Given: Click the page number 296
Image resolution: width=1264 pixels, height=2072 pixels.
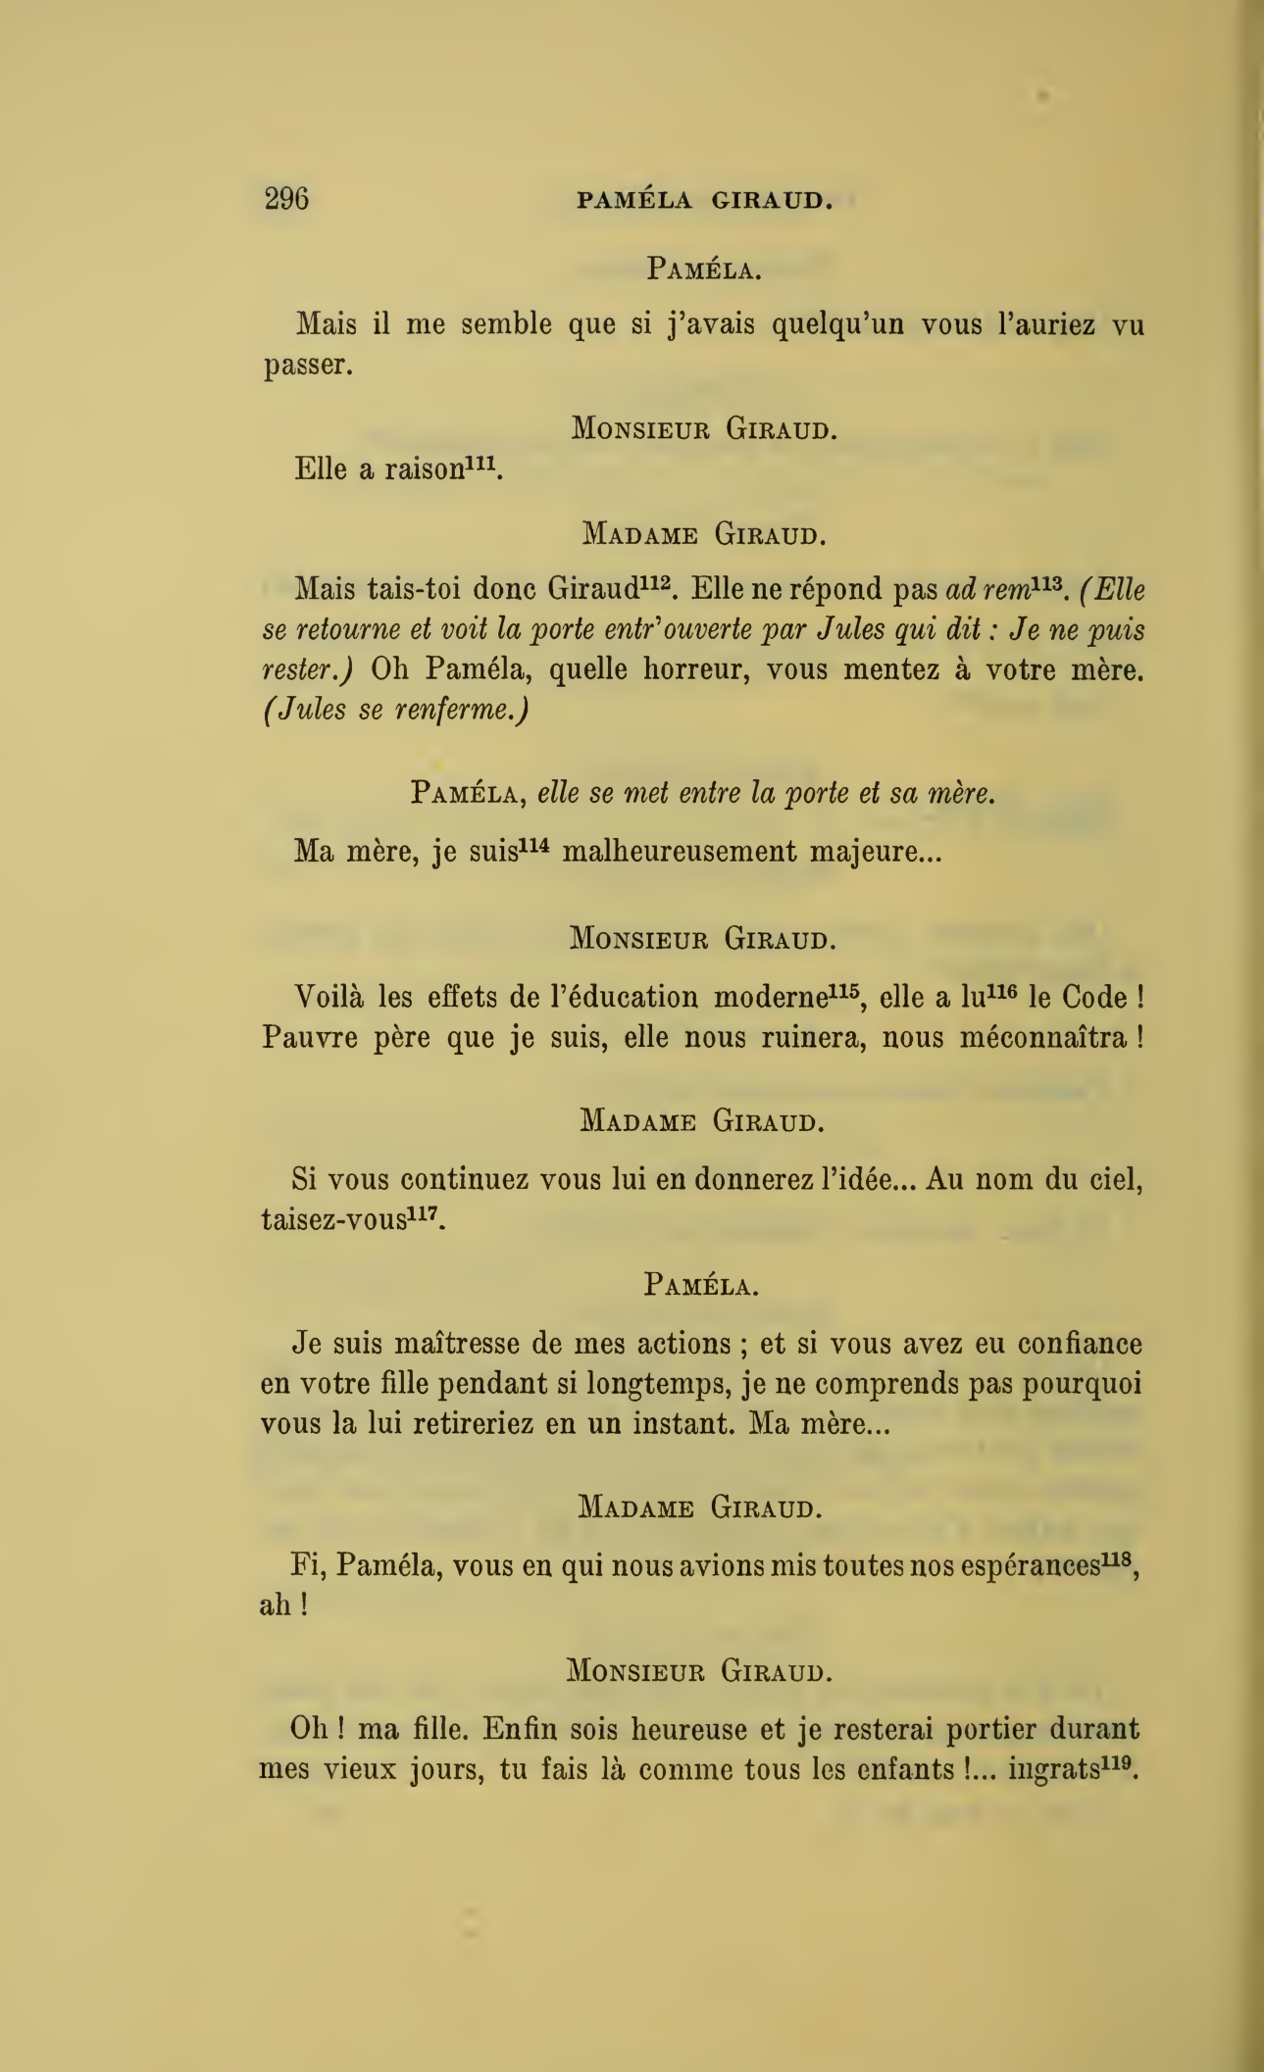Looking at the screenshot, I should click(286, 199).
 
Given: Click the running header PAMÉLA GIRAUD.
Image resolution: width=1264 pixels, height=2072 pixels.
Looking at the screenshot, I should click(704, 201).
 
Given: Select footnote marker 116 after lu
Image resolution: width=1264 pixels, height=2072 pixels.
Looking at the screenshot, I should click(1000, 990).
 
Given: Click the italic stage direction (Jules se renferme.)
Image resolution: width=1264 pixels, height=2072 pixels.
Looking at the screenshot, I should click(396, 710).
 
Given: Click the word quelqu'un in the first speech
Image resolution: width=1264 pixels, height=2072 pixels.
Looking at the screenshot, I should click(836, 324).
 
